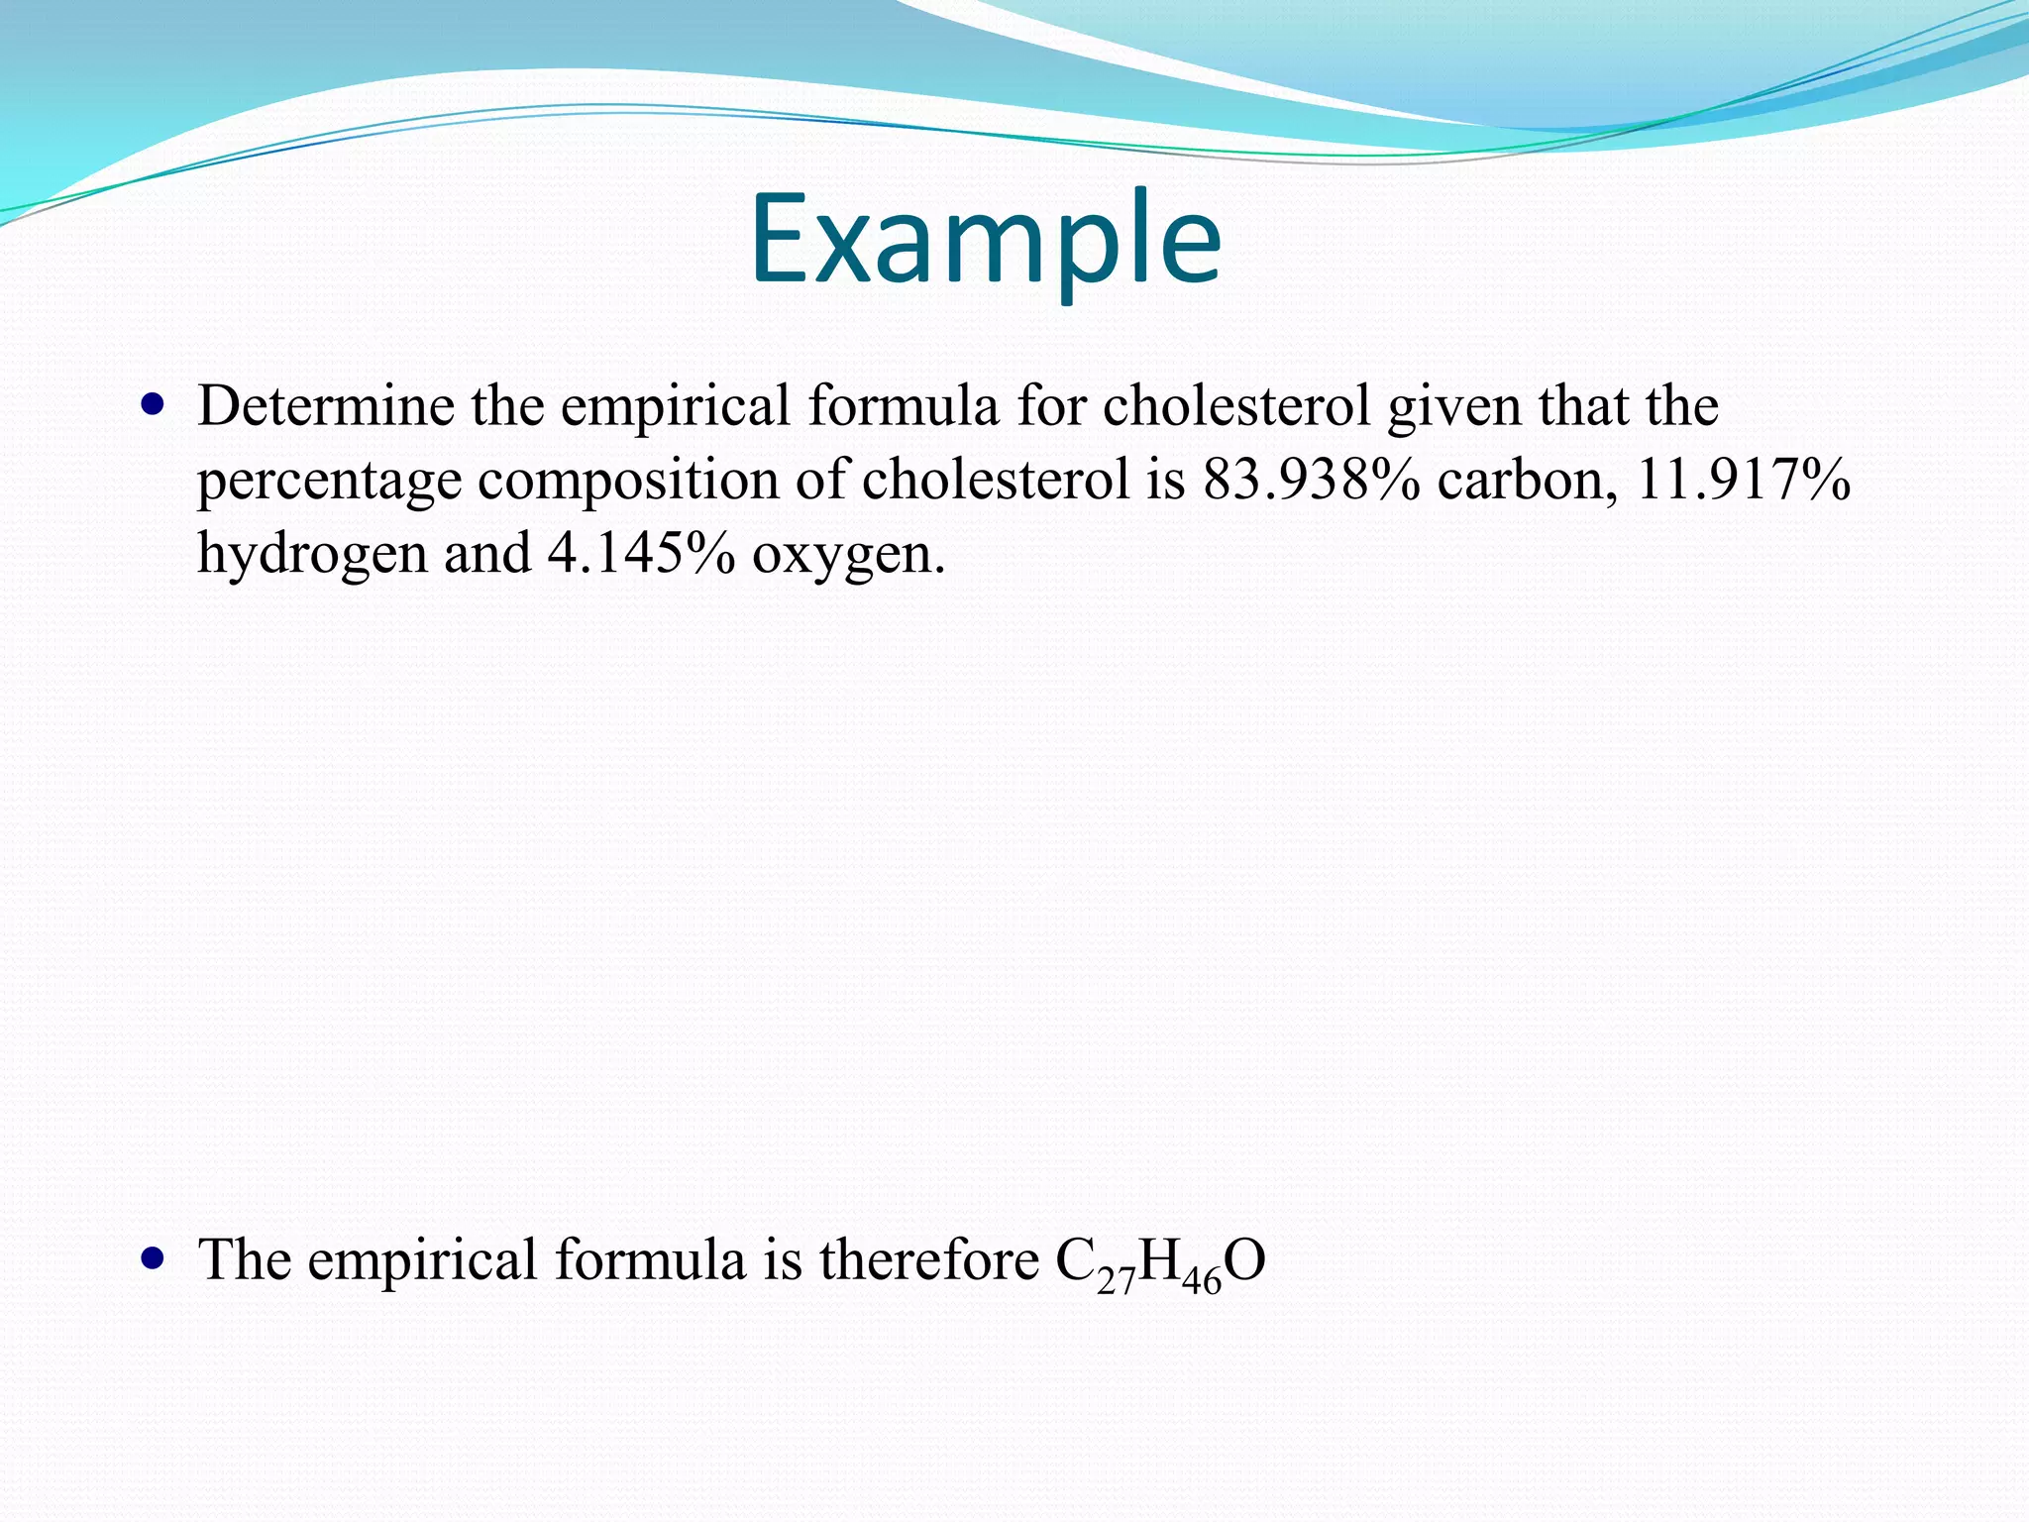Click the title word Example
click(x=985, y=241)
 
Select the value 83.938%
click(x=1311, y=480)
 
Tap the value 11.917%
click(x=1743, y=480)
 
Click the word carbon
click(x=1527, y=480)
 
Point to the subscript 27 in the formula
click(x=1116, y=1280)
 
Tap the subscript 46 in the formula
click(x=1202, y=1280)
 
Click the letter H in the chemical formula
click(x=1159, y=1260)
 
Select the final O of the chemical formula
click(x=1245, y=1260)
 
